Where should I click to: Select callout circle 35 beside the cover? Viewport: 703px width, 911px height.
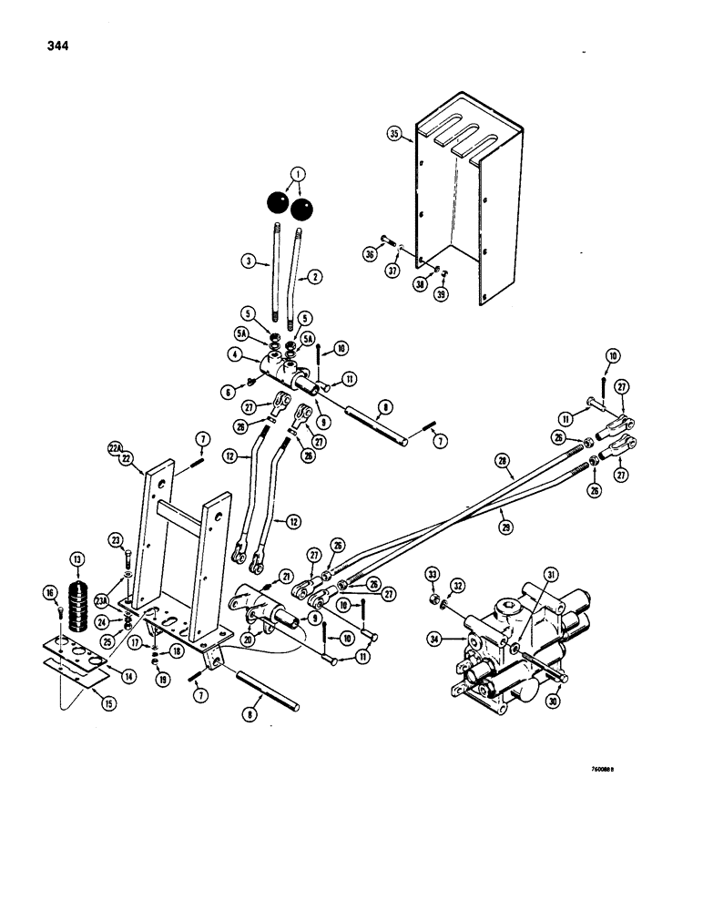[x=395, y=133]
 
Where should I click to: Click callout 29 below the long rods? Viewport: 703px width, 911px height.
[x=507, y=527]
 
